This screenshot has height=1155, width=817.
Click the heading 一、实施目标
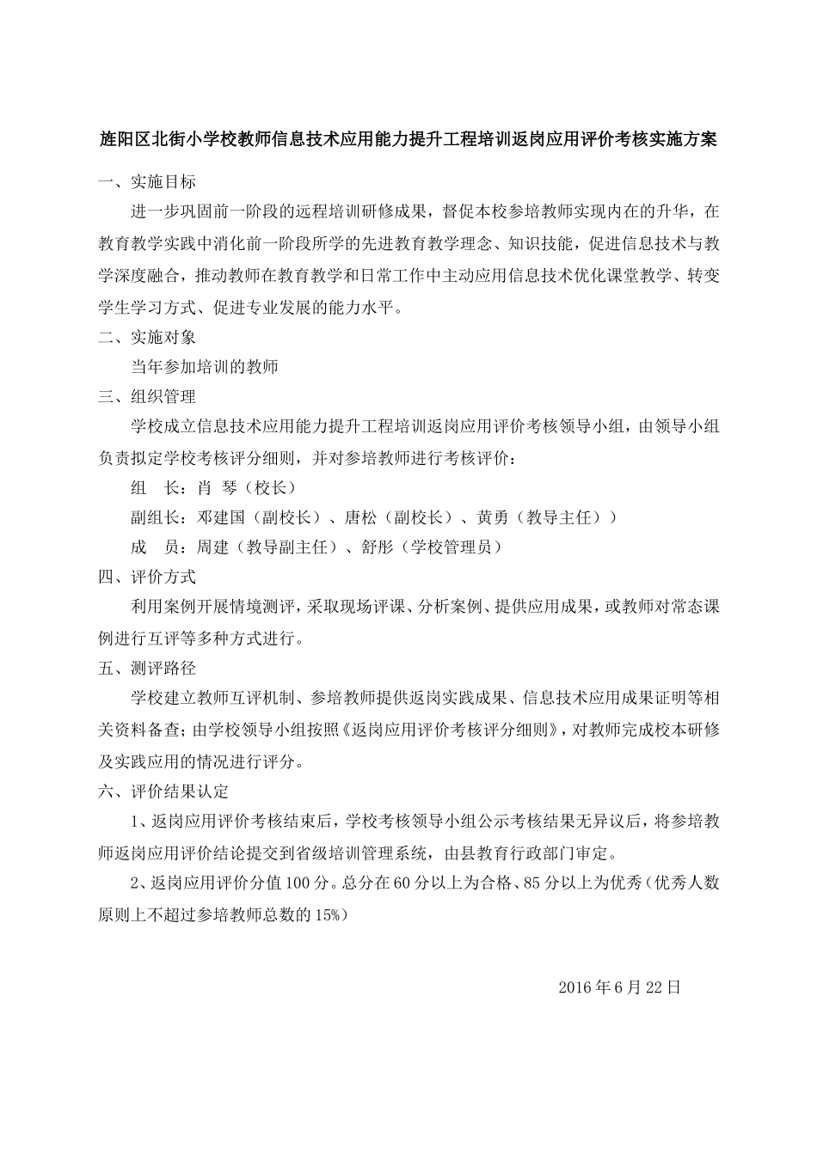[x=147, y=182]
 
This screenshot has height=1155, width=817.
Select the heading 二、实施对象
[x=147, y=338]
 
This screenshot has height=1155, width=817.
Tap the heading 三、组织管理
[x=147, y=396]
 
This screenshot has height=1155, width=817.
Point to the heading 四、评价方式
[x=147, y=577]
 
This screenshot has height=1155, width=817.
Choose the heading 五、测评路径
[x=147, y=668]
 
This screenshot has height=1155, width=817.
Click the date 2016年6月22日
[x=619, y=987]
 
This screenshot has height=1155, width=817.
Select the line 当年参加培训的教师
[x=205, y=367]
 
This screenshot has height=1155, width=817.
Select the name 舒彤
[x=378, y=547]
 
